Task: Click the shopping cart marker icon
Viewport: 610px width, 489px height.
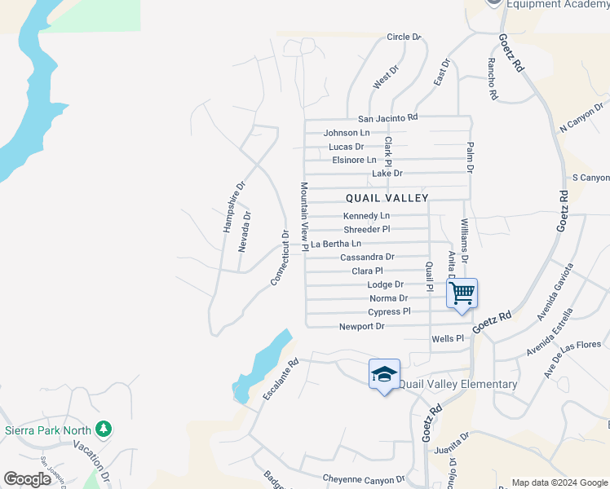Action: click(x=462, y=293)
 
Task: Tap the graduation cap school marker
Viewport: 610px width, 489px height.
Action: click(x=384, y=374)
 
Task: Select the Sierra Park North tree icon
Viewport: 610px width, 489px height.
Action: click(x=103, y=429)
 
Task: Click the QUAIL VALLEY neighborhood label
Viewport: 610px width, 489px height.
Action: click(x=387, y=197)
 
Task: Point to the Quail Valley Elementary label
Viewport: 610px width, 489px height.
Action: click(x=457, y=384)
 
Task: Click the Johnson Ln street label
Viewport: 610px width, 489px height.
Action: click(x=347, y=133)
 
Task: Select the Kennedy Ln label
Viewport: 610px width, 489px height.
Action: click(x=366, y=216)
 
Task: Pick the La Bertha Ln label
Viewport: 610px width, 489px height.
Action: click(x=336, y=244)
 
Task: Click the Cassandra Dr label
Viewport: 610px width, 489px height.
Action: click(x=367, y=258)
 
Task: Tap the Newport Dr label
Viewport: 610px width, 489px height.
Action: click(x=361, y=327)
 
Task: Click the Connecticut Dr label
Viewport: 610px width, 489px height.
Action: click(x=280, y=258)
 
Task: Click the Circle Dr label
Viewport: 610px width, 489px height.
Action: click(x=404, y=37)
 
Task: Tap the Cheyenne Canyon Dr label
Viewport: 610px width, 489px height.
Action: click(x=364, y=479)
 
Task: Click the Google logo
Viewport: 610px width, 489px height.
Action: click(x=27, y=479)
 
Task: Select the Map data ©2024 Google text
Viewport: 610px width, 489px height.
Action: click(x=559, y=482)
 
